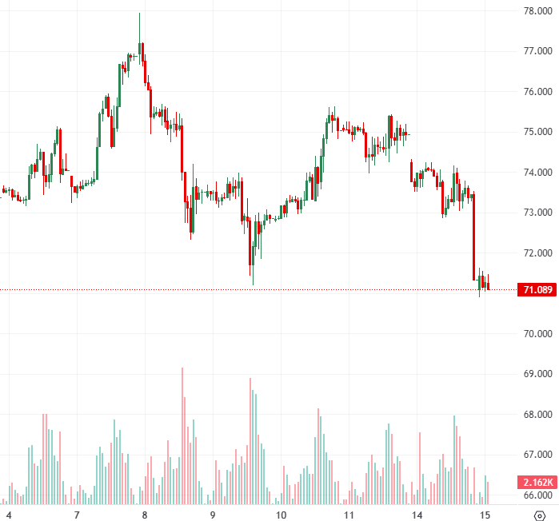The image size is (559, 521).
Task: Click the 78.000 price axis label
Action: pos(538,11)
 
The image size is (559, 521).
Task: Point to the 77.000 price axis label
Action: pos(538,51)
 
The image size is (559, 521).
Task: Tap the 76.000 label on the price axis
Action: pos(538,92)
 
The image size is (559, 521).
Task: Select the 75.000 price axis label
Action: pos(538,132)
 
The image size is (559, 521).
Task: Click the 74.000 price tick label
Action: pos(538,173)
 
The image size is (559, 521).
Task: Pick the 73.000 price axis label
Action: pos(538,213)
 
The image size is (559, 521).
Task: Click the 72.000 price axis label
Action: pos(538,253)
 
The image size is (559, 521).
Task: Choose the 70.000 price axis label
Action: pos(538,334)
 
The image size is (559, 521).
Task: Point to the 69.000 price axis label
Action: pos(538,374)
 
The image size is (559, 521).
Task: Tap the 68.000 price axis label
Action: pos(538,415)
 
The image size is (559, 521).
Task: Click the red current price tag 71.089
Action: pos(537,289)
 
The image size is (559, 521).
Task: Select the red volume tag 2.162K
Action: pos(537,483)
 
